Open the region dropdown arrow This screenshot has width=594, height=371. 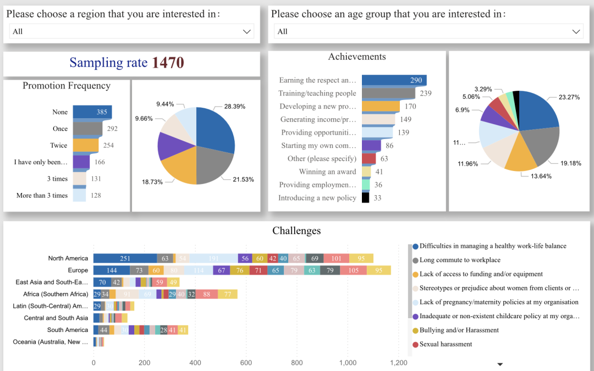(247, 32)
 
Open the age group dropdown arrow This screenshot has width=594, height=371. (576, 32)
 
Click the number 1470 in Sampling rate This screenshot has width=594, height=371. (168, 63)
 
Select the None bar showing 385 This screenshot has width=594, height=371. (92, 112)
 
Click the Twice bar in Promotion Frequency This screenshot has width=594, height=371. (86, 145)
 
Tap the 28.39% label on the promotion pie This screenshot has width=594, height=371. (234, 106)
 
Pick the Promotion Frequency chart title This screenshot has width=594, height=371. (67, 86)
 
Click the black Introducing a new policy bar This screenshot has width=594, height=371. (365, 198)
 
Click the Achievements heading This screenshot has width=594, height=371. (357, 57)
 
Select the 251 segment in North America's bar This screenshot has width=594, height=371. (125, 258)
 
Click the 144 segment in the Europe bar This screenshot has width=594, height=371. (112, 270)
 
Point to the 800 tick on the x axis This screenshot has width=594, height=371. (297, 363)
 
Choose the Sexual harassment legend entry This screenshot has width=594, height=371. (446, 344)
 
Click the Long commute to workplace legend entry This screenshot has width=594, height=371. (460, 260)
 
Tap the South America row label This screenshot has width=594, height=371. (67, 330)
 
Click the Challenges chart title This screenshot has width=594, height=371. (296, 231)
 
